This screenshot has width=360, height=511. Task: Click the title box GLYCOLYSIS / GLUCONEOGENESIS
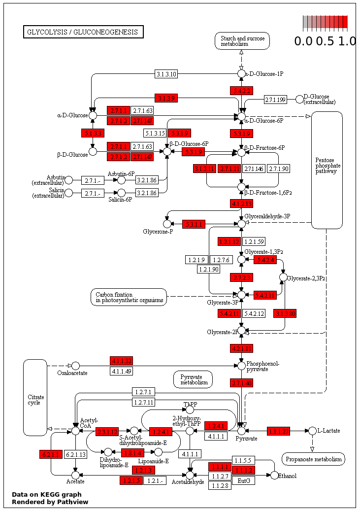pyautogui.click(x=83, y=32)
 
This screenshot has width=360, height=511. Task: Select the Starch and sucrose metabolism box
pyautogui.click(x=242, y=41)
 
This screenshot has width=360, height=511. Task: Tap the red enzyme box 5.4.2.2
pyautogui.click(x=241, y=91)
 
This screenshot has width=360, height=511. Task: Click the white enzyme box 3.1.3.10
pyautogui.click(x=166, y=74)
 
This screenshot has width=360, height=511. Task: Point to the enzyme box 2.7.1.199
pyautogui.click(x=275, y=100)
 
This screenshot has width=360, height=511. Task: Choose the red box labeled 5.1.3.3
pyautogui.click(x=93, y=133)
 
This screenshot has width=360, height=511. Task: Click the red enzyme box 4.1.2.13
pyautogui.click(x=241, y=204)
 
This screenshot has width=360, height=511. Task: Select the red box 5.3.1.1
pyautogui.click(x=194, y=224)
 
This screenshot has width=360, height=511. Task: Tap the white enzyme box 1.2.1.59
pyautogui.click(x=254, y=241)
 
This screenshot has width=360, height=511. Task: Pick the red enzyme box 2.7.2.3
pyautogui.click(x=241, y=277)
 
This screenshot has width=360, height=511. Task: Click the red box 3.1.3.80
pyautogui.click(x=286, y=313)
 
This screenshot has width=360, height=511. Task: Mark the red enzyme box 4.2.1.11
pyautogui.click(x=241, y=349)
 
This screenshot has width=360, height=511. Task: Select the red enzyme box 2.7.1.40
pyautogui.click(x=241, y=383)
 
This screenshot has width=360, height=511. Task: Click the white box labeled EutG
pyautogui.click(x=243, y=480)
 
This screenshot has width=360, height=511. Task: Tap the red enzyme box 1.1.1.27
pyautogui.click(x=279, y=432)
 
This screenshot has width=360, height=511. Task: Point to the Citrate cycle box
pyautogui.click(x=35, y=397)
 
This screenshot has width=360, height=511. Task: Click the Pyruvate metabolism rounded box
pyautogui.click(x=193, y=379)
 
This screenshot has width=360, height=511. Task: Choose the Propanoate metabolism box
pyautogui.click(x=313, y=459)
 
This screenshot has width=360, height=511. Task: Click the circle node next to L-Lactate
pyautogui.click(x=312, y=431)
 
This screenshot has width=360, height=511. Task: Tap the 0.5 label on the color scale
pyautogui.click(x=325, y=41)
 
